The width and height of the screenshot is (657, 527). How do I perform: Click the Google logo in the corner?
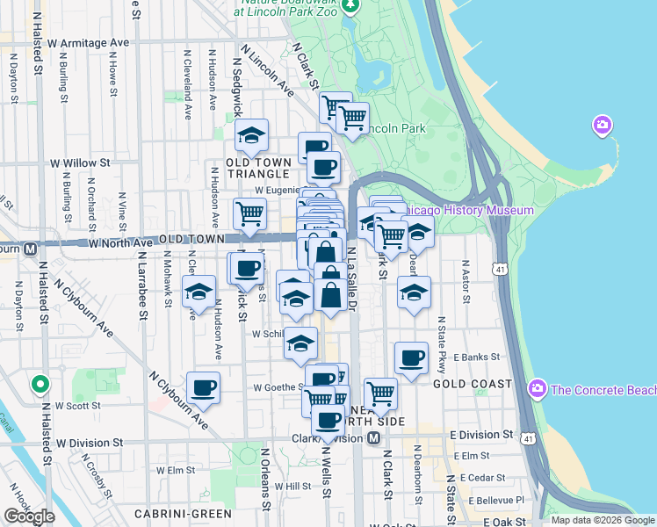29,516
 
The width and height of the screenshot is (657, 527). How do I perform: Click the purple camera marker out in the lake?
602,126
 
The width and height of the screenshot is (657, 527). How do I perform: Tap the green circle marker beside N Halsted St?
39,385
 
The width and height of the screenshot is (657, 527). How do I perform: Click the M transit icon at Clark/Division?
374,437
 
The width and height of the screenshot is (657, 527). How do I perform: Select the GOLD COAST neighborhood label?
473,385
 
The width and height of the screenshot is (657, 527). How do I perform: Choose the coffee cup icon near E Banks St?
410,357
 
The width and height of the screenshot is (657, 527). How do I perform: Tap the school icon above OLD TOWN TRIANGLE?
251,135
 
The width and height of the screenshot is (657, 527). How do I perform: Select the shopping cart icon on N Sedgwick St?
249,213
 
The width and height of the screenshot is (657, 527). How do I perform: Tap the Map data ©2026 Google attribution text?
602,520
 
